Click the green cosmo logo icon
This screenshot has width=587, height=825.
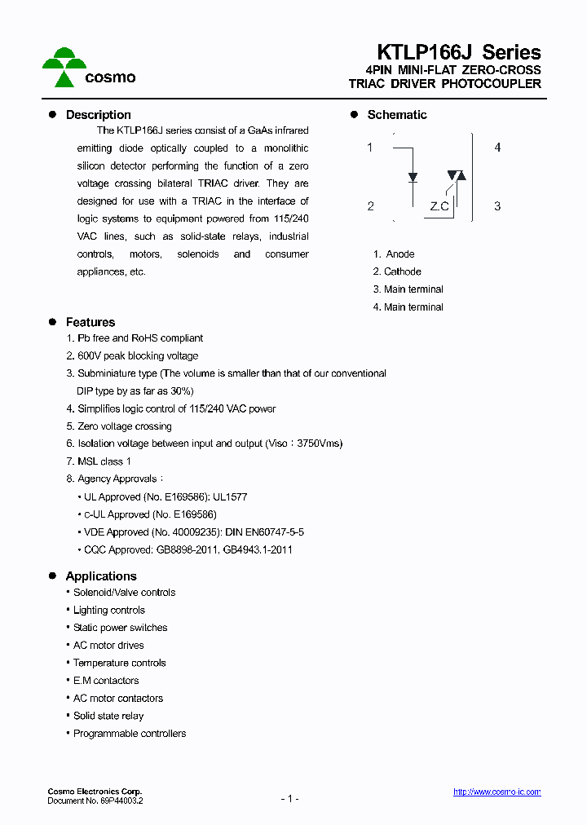pos(64,66)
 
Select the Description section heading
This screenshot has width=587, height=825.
pos(98,115)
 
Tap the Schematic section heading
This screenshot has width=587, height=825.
pos(397,115)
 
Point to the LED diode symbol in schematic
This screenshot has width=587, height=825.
pos(413,176)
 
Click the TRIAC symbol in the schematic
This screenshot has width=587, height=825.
pos(456,175)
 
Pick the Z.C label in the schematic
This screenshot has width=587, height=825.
pos(439,206)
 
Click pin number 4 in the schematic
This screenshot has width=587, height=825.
pos(497,148)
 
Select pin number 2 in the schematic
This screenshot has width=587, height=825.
pos(370,206)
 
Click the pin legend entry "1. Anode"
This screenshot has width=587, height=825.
pos(394,254)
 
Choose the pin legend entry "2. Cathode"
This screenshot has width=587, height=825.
pos(397,271)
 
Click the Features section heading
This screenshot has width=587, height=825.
pos(90,322)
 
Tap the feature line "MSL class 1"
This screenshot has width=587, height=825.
pos(104,461)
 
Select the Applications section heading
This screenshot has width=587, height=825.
pos(101,576)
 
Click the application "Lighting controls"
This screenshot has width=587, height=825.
pos(109,610)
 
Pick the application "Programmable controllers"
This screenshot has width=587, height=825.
pos(130,734)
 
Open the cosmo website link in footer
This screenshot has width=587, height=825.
pos(497,792)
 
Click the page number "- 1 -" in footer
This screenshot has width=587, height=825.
pos(289,798)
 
